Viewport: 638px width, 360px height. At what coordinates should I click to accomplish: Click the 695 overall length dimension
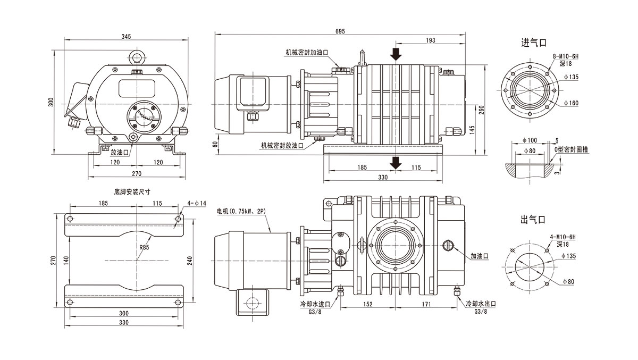pos(339,31)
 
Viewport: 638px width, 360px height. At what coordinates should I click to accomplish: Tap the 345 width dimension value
pos(126,37)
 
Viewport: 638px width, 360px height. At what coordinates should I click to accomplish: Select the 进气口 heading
pos(534,43)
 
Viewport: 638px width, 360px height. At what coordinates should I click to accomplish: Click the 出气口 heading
pos(534,219)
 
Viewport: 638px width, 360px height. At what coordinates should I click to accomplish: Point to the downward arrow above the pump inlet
pos(395,54)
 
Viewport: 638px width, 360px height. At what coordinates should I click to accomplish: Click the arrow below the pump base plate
pos(395,163)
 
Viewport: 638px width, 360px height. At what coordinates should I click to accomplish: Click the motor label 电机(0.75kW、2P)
pos(241,211)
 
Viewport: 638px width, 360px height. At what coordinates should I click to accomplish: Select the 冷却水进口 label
pos(315,304)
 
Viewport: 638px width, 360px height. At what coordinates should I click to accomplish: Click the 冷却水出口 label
pos(480,304)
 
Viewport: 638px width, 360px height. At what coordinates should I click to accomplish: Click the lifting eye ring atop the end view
pos(137,56)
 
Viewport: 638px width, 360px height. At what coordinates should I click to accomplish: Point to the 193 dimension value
pos(431,40)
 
